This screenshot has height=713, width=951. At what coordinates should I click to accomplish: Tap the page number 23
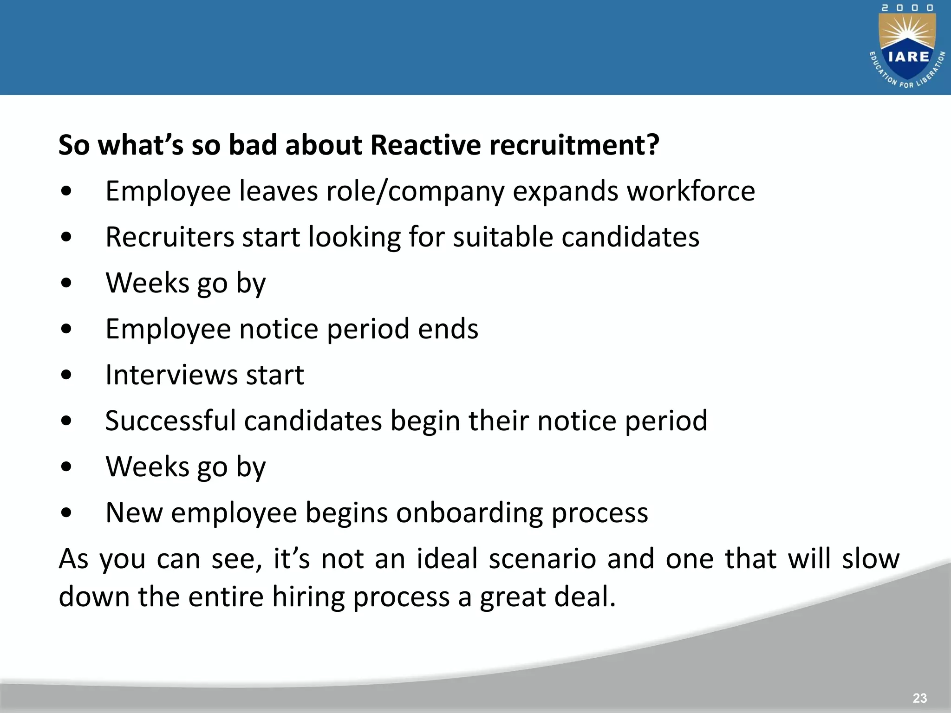point(919,698)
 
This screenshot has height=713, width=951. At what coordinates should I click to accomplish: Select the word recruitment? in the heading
point(574,145)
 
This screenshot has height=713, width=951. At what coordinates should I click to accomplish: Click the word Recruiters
point(169,237)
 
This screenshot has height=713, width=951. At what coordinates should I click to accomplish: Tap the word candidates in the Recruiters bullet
point(630,237)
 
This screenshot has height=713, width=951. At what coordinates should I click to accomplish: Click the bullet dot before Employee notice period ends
point(66,329)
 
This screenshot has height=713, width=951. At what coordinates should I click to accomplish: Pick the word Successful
point(170,421)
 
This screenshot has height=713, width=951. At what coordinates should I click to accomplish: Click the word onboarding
point(469,512)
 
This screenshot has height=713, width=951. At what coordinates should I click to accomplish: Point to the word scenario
point(542,558)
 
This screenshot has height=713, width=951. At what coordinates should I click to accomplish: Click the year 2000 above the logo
point(908,8)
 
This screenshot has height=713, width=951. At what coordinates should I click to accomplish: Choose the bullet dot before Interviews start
point(66,375)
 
